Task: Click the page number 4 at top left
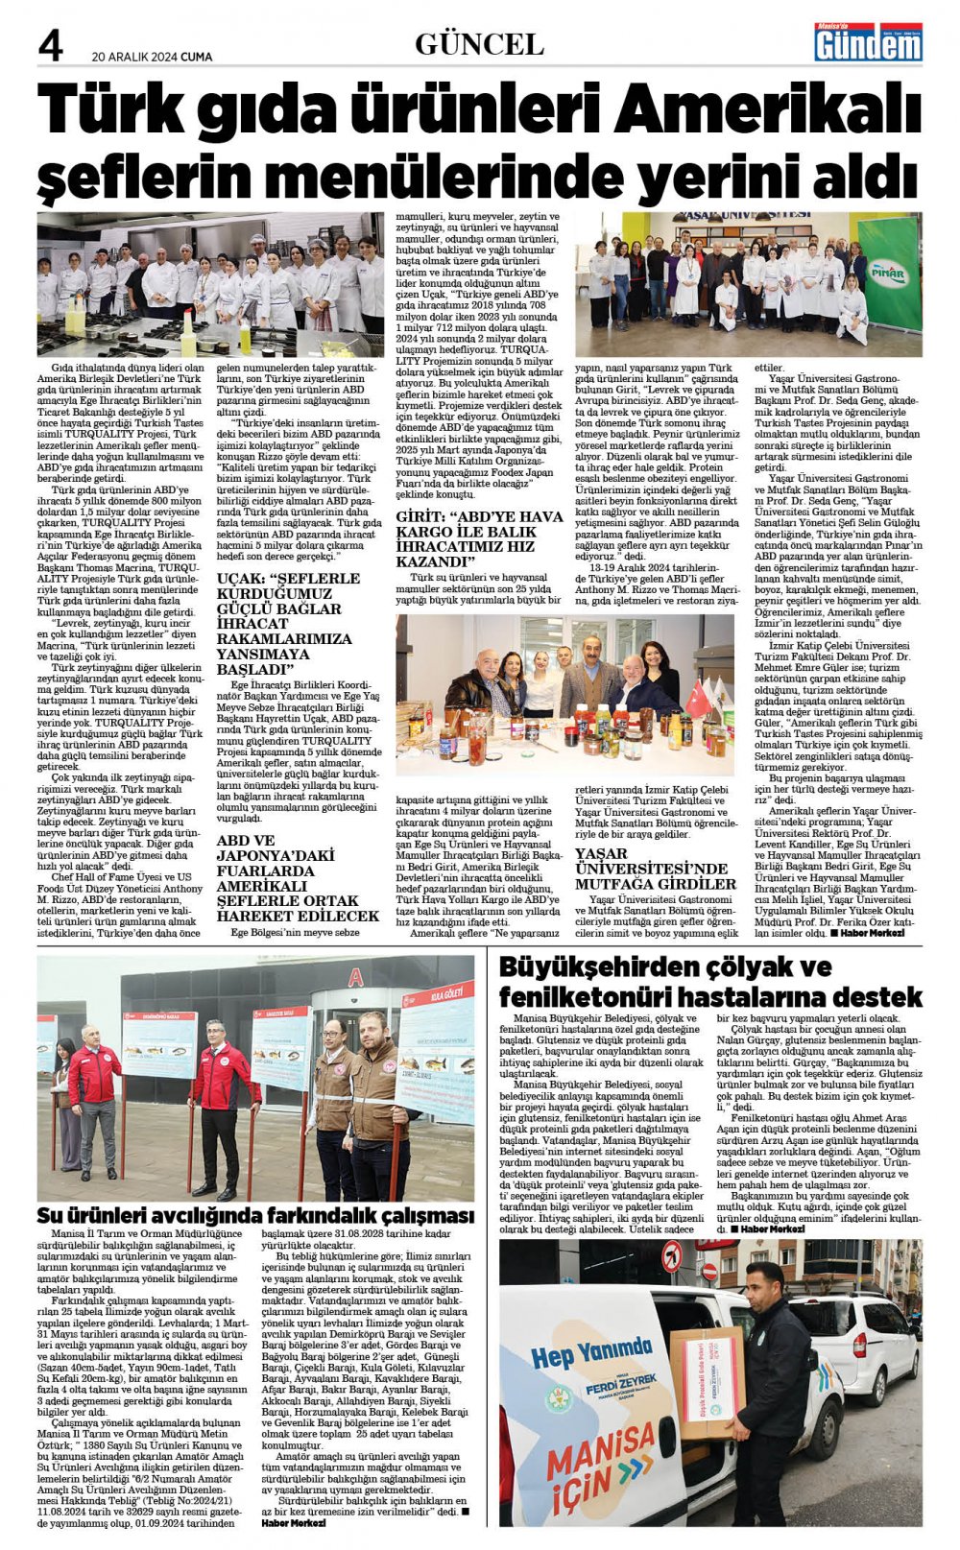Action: pos(49,44)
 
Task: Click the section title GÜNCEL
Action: pos(479,44)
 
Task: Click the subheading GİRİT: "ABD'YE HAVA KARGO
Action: pos(480,538)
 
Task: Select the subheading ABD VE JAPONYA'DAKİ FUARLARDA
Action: pos(297,878)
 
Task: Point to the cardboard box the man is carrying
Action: pos(707,1377)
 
